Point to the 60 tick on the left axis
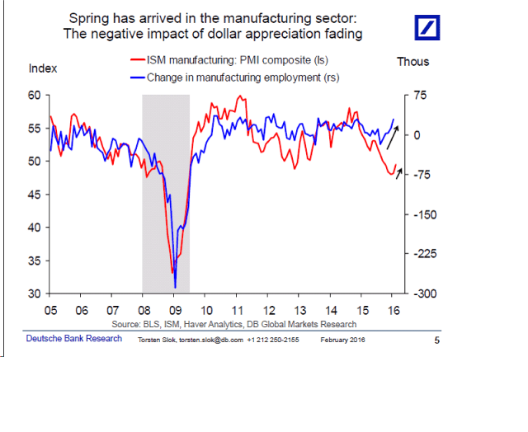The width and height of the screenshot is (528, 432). click(35, 96)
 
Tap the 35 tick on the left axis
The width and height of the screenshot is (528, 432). click(35, 261)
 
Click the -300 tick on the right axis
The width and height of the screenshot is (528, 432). click(422, 293)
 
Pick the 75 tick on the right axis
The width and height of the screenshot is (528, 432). click(420, 96)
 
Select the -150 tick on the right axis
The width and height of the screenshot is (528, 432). click(422, 214)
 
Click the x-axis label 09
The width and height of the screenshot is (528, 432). click(174, 312)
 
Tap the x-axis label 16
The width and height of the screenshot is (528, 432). click(394, 312)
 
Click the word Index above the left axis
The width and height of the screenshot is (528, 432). click(43, 68)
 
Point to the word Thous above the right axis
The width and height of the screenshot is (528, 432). click(412, 62)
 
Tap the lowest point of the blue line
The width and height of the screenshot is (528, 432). click(175, 287)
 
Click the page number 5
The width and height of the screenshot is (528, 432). click(437, 340)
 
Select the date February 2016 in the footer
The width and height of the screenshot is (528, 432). click(342, 340)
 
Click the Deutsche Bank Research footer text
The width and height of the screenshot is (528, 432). click(62, 339)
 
